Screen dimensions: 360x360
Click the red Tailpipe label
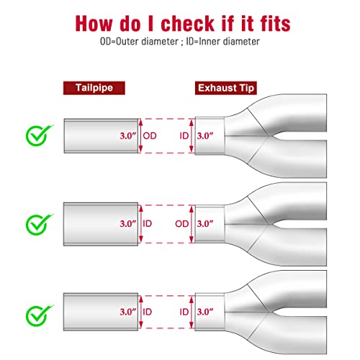tap(94, 88)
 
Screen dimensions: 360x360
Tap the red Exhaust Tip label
tap(226, 88)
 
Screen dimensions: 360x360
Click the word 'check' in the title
tap(188, 24)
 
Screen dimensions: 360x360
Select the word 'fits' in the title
tap(275, 24)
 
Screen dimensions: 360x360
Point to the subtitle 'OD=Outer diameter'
tap(139, 42)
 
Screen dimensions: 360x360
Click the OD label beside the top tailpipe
tap(150, 136)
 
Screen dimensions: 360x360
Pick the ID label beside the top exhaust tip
tap(184, 136)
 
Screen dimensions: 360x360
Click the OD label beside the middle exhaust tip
tap(182, 224)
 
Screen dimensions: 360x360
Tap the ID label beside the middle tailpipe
tap(148, 224)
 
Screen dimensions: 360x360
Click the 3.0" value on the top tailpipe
tap(128, 136)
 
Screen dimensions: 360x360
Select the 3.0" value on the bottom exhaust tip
tap(205, 312)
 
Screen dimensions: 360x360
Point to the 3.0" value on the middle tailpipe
tap(128, 224)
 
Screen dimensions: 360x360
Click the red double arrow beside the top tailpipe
tap(140, 136)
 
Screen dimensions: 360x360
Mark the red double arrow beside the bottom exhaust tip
tap(192, 312)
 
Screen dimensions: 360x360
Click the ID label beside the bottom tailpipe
tap(148, 312)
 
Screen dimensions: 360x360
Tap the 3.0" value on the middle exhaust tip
tap(205, 224)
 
